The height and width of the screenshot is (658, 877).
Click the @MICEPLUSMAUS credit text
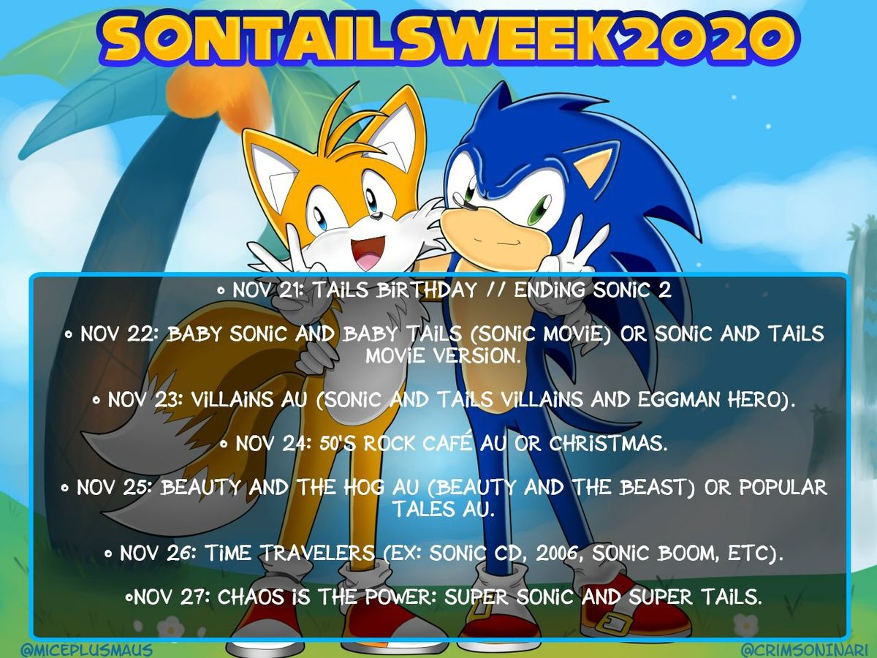(x=87, y=649)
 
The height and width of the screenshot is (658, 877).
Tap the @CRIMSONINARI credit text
(x=804, y=649)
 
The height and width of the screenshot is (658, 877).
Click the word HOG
(x=363, y=487)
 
